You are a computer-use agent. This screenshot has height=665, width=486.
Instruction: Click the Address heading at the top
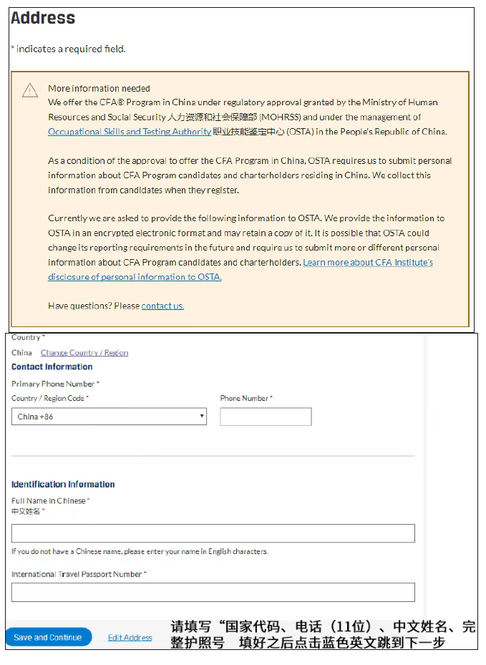pyautogui.click(x=43, y=18)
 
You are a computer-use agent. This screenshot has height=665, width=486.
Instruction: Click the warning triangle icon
pyautogui.click(x=30, y=90)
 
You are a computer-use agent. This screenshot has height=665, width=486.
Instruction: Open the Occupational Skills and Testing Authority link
pyautogui.click(x=130, y=132)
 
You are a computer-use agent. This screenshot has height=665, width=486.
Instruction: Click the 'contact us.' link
pyautogui.click(x=162, y=306)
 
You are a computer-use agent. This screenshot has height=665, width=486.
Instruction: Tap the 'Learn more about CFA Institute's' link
pyautogui.click(x=368, y=263)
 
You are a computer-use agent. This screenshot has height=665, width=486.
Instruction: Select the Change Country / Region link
pyautogui.click(x=84, y=353)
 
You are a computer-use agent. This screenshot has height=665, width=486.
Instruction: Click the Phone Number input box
pyautogui.click(x=266, y=417)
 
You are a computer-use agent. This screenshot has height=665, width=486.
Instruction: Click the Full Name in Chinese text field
pyautogui.click(x=213, y=533)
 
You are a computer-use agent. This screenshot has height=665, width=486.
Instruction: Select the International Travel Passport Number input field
pyautogui.click(x=213, y=592)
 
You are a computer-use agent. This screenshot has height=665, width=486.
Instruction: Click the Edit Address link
pyautogui.click(x=130, y=637)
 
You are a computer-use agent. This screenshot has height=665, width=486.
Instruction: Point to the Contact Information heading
pyautogui.click(x=52, y=367)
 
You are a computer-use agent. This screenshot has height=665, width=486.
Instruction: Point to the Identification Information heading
pyautogui.click(x=63, y=485)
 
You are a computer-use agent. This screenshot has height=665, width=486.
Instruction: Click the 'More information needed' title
pyautogui.click(x=99, y=89)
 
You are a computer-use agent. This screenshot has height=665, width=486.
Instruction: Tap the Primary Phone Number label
pyautogui.click(x=55, y=384)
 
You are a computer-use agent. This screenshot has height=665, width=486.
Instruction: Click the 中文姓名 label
pyautogui.click(x=27, y=511)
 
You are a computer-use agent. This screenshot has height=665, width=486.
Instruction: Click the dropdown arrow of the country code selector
pyautogui.click(x=202, y=417)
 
